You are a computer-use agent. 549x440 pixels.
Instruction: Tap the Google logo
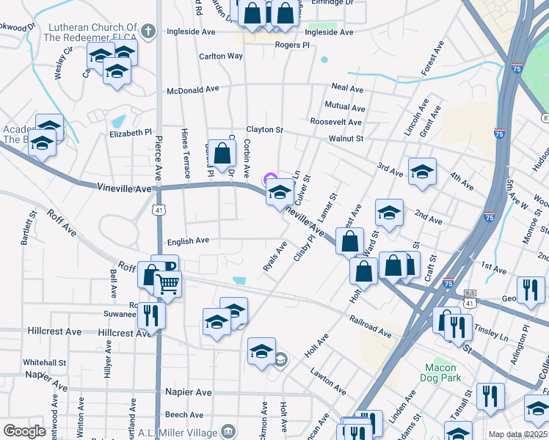click(x=24, y=431)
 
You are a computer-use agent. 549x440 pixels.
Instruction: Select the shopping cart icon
click(x=168, y=282)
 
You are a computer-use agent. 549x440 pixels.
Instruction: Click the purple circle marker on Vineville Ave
click(x=269, y=177)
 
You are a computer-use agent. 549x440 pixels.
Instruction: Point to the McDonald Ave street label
click(x=193, y=89)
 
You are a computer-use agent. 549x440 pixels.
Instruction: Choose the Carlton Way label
click(x=221, y=56)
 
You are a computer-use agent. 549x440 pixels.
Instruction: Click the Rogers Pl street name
click(x=292, y=45)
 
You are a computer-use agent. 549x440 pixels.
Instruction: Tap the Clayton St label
click(x=264, y=130)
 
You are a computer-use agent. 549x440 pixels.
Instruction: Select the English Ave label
click(x=189, y=241)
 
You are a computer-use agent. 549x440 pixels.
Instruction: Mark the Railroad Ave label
click(x=371, y=326)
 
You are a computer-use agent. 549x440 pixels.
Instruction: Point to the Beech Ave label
click(x=185, y=414)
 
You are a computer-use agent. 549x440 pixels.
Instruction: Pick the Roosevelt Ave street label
click(x=335, y=122)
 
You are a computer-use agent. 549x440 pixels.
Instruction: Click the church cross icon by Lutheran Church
click(x=148, y=32)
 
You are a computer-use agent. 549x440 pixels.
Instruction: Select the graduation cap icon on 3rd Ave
click(x=422, y=172)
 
